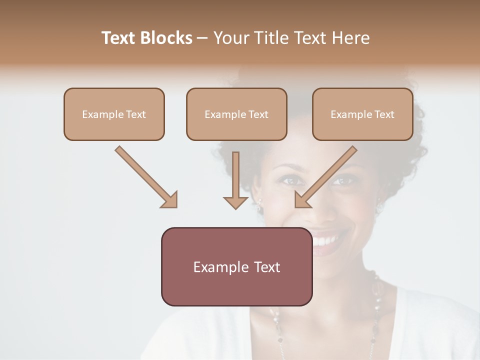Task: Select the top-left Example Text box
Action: (114, 114)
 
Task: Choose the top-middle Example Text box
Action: (236, 114)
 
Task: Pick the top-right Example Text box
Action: (362, 114)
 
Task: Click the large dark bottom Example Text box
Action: (236, 266)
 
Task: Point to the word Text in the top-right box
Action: (384, 114)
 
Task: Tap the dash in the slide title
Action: (202, 38)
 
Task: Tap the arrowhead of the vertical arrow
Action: (235, 202)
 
